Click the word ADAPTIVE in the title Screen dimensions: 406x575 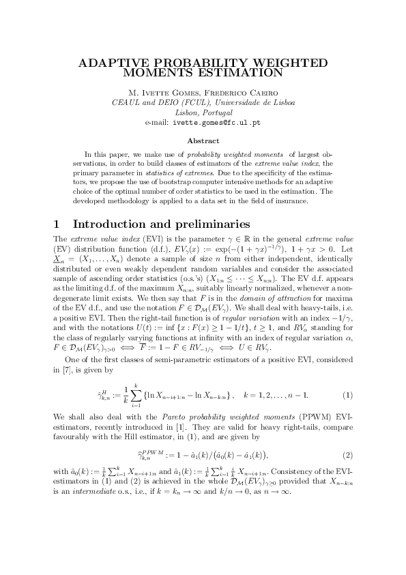click(113, 62)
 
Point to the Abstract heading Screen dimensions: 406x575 click(203, 141)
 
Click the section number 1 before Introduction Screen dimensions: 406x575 click(57, 224)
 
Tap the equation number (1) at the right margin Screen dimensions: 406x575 click(347, 396)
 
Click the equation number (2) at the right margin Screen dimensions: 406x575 click(347, 455)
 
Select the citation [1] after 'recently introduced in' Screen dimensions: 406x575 click(201, 423)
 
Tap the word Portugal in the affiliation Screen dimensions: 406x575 click(218, 113)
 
